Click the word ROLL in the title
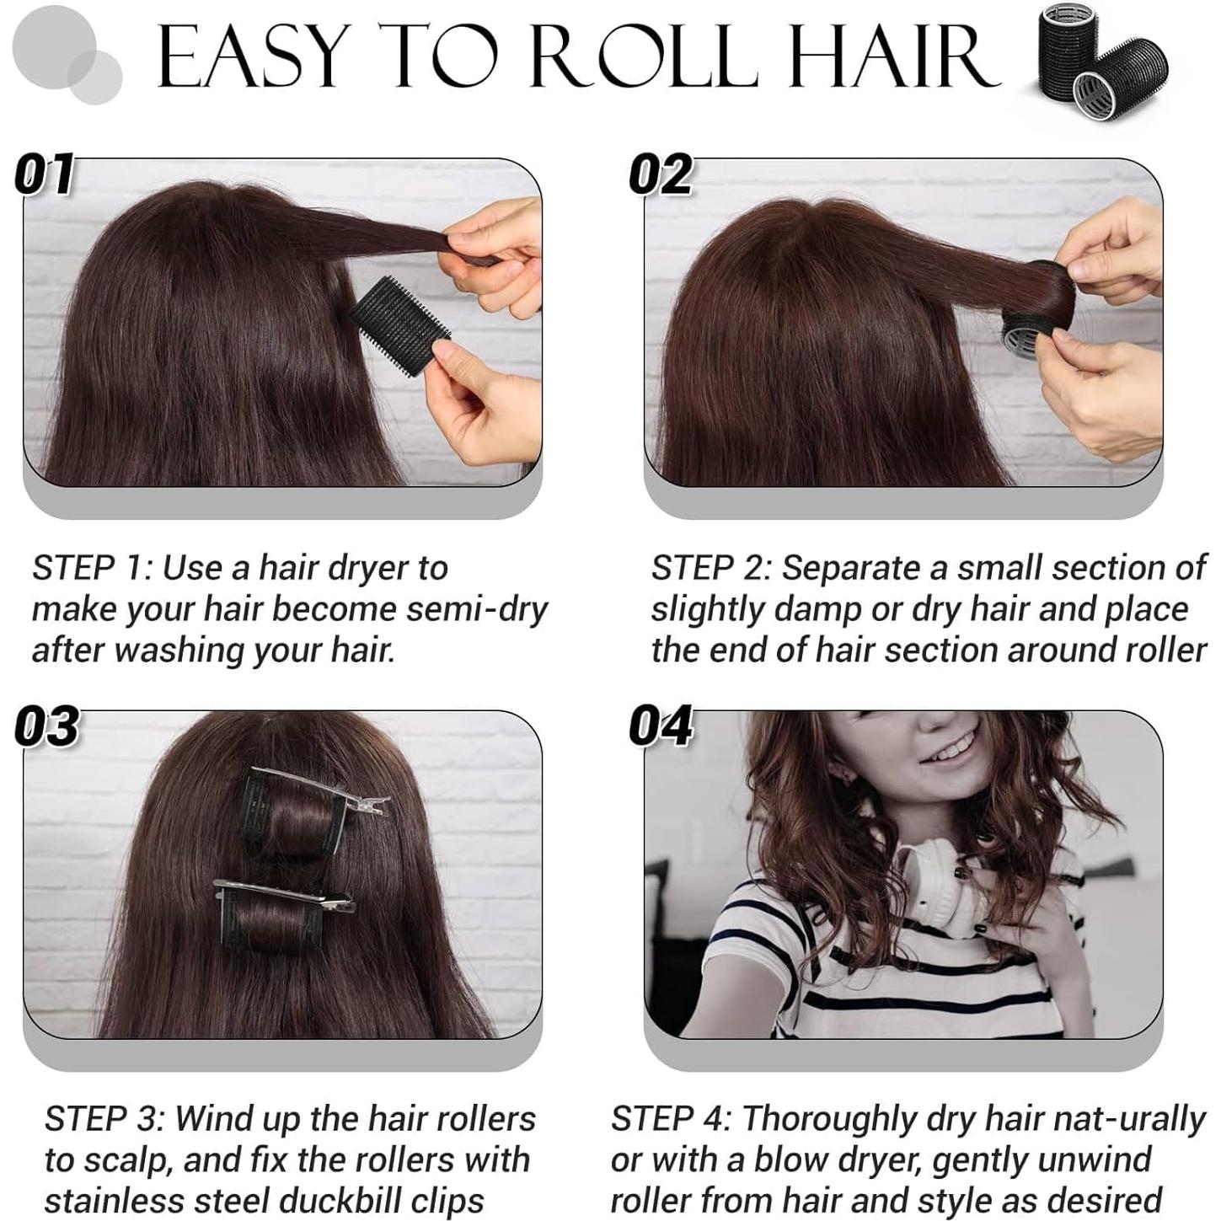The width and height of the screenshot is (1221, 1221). pos(644,57)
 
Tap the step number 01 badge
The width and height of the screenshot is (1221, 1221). pos(45,175)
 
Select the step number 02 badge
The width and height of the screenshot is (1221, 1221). pos(661,175)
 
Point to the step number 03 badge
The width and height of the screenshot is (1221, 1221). pos(47,726)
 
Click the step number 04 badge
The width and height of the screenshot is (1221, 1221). pos(661,726)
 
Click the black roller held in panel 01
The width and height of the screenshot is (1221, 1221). pos(399,324)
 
